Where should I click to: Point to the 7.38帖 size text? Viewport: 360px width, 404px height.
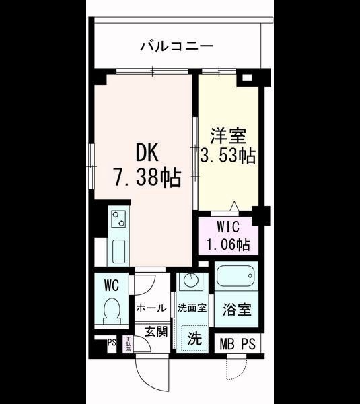coord(145,177)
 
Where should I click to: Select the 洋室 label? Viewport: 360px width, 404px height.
coord(225,135)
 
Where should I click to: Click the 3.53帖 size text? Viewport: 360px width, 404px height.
coord(227,156)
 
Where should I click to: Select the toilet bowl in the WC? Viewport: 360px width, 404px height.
coord(112,312)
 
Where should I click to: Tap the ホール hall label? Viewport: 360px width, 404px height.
coord(151,308)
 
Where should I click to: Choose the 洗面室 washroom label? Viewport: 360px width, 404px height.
coord(192,308)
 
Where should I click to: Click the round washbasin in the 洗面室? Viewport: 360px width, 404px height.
coord(191,281)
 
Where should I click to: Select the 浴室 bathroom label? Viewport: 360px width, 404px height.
coord(238,310)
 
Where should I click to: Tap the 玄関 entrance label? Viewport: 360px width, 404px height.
coord(155,331)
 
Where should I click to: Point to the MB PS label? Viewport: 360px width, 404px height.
coord(238,344)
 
